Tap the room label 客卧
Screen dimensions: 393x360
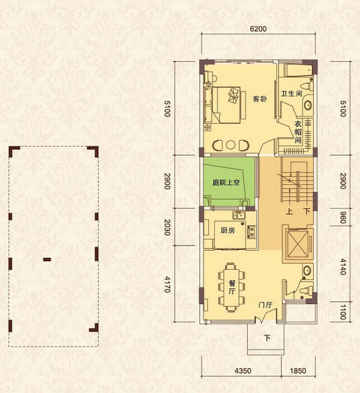(260, 98)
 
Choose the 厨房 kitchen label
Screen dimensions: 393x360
(228, 231)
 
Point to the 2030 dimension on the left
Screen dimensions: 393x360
(167, 229)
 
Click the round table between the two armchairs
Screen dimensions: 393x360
(231, 144)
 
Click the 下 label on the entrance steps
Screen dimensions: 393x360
(267, 338)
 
